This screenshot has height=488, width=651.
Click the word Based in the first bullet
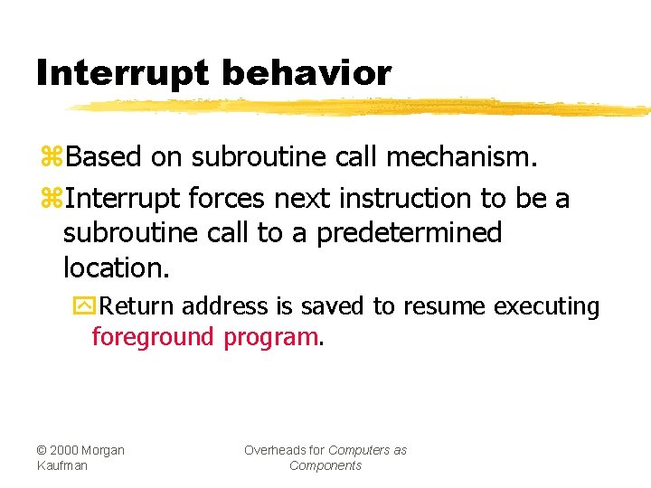point(104,157)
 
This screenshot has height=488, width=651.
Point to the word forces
point(225,198)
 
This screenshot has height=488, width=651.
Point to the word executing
point(546,307)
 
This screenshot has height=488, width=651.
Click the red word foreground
point(153,337)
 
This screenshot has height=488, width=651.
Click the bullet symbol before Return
point(82,306)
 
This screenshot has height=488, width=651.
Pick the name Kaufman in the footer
point(62,465)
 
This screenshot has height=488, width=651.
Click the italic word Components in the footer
point(325,465)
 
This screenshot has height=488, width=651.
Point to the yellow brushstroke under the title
point(362,108)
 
